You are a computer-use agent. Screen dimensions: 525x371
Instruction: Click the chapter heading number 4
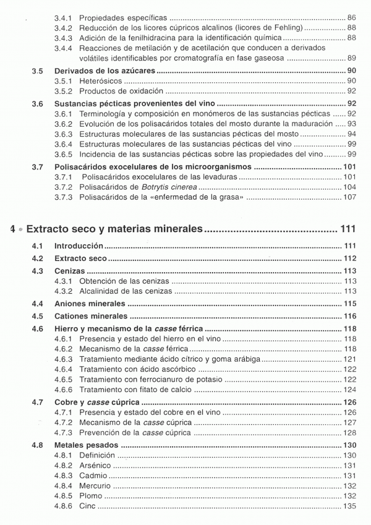14,229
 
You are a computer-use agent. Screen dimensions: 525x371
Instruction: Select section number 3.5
37,72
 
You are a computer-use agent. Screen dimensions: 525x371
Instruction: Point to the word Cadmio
93,476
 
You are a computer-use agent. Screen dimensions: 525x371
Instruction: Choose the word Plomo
92,496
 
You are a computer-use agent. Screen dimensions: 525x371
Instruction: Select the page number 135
351,506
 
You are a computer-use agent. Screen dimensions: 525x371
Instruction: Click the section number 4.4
37,304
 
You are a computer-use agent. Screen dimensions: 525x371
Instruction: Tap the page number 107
351,197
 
